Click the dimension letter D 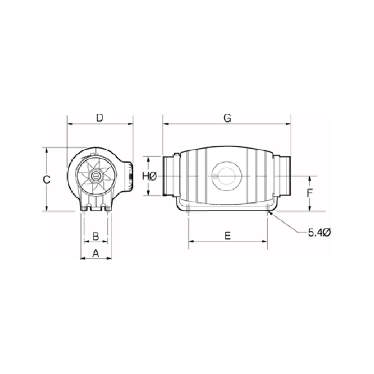tap(99, 118)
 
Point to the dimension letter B tap(95, 236)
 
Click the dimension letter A tap(96, 253)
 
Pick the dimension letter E tap(227, 236)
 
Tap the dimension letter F tap(310, 193)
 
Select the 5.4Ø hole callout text tap(319, 233)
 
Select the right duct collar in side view tap(283, 175)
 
